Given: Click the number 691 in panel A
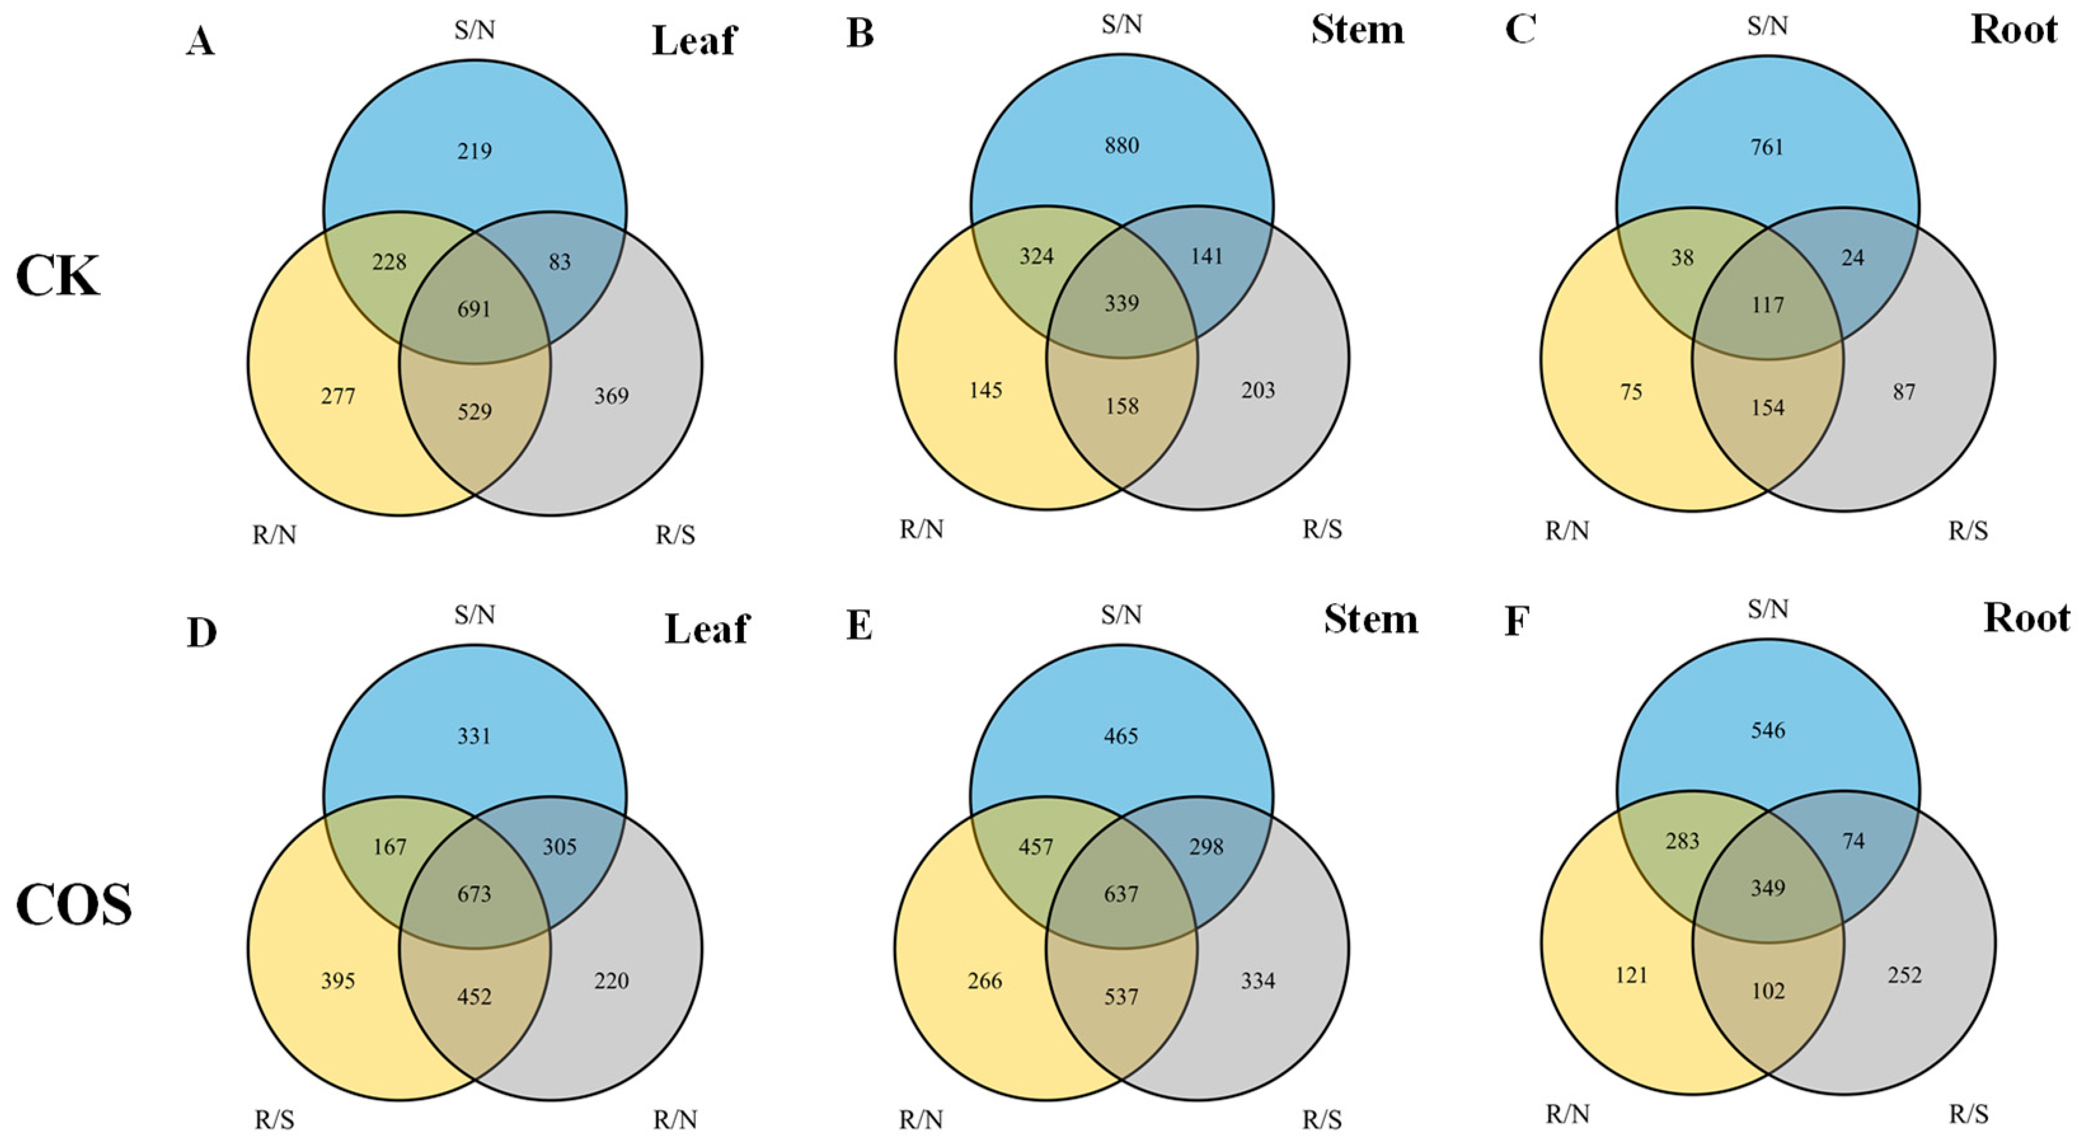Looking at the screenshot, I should pyautogui.click(x=475, y=309).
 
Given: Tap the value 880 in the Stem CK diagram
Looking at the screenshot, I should pyautogui.click(x=1121, y=146).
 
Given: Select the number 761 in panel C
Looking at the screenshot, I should pyautogui.click(x=1767, y=147).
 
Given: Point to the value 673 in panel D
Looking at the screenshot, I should pyautogui.click(x=475, y=894).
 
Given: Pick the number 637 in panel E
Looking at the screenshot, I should pyautogui.click(x=1121, y=894).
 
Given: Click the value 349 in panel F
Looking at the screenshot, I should pyautogui.click(x=1767, y=888).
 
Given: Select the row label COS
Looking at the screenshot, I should pyautogui.click(x=74, y=905).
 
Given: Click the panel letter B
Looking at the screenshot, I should pyautogui.click(x=860, y=35).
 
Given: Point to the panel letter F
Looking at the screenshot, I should pyautogui.click(x=1517, y=622).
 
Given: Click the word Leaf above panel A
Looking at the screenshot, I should pyautogui.click(x=694, y=41).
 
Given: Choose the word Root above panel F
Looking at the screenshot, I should pyautogui.click(x=2026, y=619).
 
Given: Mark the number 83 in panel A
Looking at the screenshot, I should pyautogui.click(x=560, y=262).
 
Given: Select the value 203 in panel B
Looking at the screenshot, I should pyautogui.click(x=1257, y=390).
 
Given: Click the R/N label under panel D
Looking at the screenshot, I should pyautogui.click(x=675, y=1120).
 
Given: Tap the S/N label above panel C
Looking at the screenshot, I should pyautogui.click(x=1767, y=27).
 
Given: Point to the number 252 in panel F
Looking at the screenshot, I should pyautogui.click(x=1904, y=975).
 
